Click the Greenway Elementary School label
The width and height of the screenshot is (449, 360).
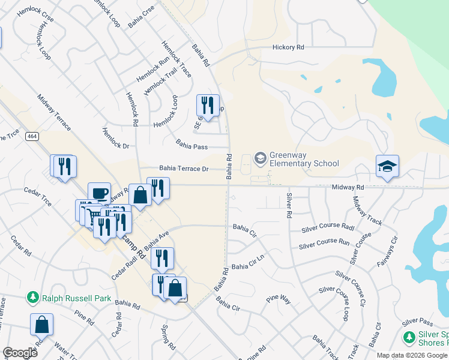[304, 159]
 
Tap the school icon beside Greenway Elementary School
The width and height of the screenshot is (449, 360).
[261, 158]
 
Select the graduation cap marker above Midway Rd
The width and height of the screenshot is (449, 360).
[387, 166]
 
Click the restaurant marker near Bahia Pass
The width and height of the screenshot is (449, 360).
[208, 106]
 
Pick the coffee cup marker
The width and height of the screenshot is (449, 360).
[100, 193]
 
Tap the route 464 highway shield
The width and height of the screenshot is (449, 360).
[32, 137]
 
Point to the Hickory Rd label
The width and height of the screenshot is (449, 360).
[288, 47]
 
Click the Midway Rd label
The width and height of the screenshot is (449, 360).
[348, 188]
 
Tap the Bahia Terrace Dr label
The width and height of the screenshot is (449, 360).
[183, 169]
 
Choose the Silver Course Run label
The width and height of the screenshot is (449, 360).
[324, 244]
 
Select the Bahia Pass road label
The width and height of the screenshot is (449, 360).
[191, 144]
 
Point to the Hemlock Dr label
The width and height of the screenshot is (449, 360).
[116, 138]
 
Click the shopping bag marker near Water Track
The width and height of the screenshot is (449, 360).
[42, 325]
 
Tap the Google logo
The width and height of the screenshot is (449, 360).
[20, 353]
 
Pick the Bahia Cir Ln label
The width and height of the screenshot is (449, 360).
[248, 265]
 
